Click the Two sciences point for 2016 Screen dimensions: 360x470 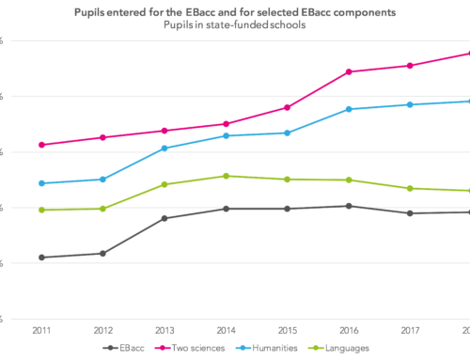pos(348,71)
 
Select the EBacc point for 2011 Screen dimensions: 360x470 pos(41,258)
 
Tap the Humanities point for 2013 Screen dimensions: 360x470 pos(164,149)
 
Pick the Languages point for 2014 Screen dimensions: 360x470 pos(226,176)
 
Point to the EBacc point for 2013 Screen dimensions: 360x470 pos(164,218)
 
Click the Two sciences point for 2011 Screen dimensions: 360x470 pos(41,145)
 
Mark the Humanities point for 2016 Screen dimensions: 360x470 pos(348,109)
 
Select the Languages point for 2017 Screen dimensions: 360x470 pos(409,188)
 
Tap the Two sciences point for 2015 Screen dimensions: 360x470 pos(287,108)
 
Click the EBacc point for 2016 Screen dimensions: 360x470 pos(348,206)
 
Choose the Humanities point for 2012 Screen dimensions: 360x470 pos(102,179)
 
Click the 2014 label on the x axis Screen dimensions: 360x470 pos(226,331)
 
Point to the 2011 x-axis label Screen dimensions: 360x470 pos(41,331)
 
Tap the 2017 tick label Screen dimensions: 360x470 pos(409,331)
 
